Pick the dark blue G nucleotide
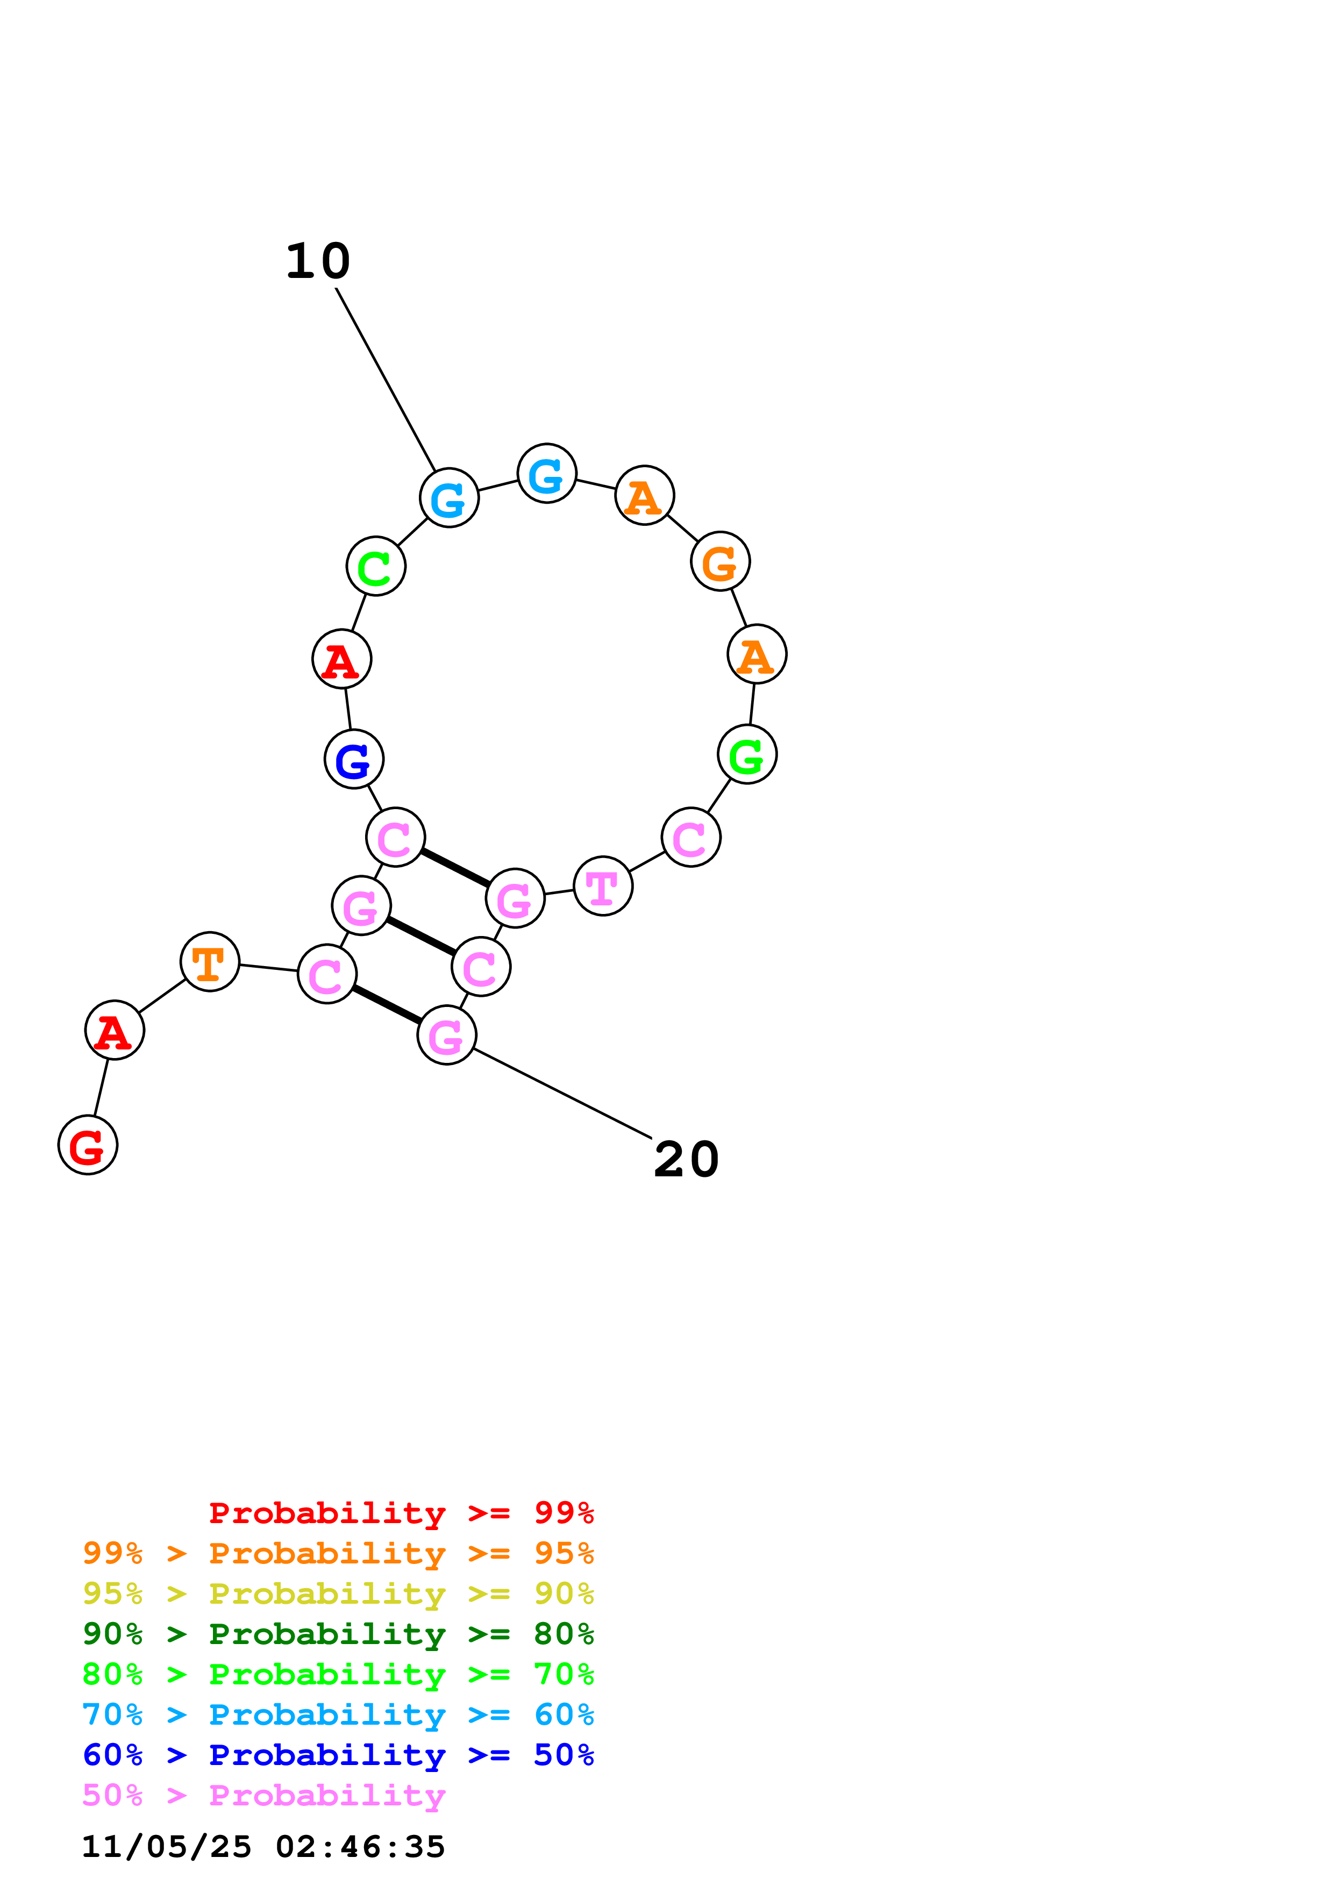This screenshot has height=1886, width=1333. (x=354, y=759)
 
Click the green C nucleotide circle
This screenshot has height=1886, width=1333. (x=376, y=566)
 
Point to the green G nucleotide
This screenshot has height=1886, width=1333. (x=746, y=754)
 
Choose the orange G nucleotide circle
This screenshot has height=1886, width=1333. (x=721, y=562)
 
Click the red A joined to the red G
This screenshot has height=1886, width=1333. (x=115, y=1030)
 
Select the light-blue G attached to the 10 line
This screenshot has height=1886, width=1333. (x=449, y=498)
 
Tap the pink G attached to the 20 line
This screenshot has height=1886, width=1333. (x=447, y=1035)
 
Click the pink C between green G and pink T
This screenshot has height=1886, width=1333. (x=691, y=837)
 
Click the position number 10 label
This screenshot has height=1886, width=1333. (x=318, y=262)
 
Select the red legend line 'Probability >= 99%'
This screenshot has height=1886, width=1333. (x=401, y=1513)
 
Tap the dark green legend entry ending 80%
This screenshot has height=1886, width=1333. (x=338, y=1634)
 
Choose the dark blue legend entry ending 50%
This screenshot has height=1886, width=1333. (x=338, y=1755)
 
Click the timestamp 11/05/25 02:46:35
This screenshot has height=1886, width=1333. (x=263, y=1847)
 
